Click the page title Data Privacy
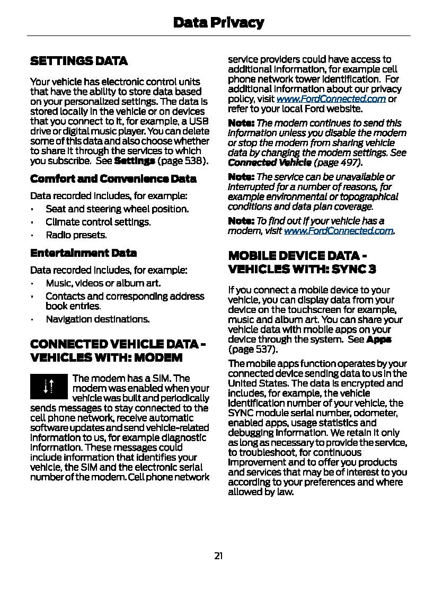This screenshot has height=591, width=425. [x=218, y=23]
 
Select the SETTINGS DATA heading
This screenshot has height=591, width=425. [x=79, y=61]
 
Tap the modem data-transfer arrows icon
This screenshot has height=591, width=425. [x=49, y=387]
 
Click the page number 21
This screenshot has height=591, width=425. [x=218, y=556]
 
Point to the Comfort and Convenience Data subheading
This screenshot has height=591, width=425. [x=113, y=178]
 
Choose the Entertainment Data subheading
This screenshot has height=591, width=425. [x=83, y=253]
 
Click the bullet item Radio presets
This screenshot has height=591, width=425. [x=76, y=235]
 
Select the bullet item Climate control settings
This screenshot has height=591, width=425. [x=98, y=222]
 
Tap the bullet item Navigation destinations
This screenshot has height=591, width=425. [x=98, y=319]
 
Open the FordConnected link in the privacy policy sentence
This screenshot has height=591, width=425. [x=331, y=99]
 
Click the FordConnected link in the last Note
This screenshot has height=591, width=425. [x=338, y=230]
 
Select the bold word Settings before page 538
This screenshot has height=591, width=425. [x=135, y=160]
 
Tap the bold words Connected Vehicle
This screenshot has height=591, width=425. [x=269, y=162]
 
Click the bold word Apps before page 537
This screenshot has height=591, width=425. [x=378, y=339]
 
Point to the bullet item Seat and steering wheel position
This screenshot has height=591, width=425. [x=117, y=209]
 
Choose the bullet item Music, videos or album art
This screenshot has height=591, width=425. [x=103, y=283]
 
